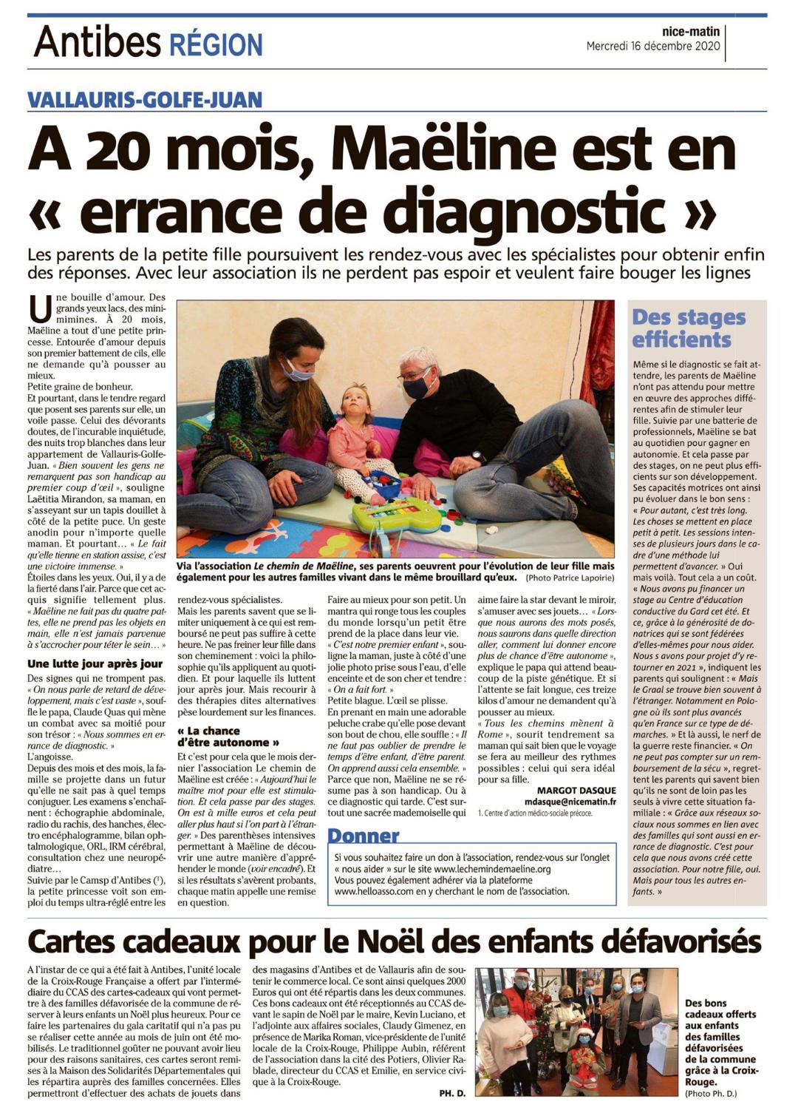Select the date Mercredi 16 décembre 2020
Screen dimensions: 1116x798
(x=652, y=46)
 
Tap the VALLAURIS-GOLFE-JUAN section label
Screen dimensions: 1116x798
(x=145, y=99)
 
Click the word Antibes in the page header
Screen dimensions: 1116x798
(x=97, y=41)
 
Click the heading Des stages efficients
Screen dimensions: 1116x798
(x=688, y=328)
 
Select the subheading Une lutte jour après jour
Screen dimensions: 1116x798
(x=95, y=663)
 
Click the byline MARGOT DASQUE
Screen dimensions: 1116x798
(x=576, y=790)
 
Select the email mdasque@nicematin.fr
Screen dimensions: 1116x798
(x=570, y=802)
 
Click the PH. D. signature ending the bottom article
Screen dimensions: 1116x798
(x=451, y=1092)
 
